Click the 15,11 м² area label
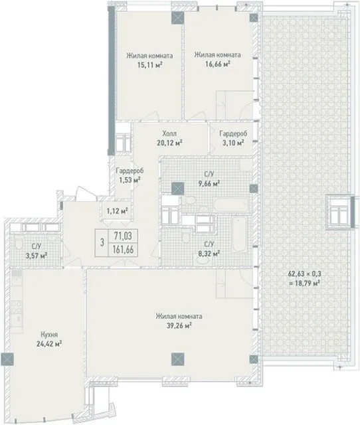pos(149,65)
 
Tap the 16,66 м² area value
pos(218,64)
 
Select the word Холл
pos(169,133)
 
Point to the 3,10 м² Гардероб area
pos(233,143)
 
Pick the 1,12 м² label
pos(117,211)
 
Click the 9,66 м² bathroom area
pos(209,183)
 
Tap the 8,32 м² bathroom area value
pos(209,253)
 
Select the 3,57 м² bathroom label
pos(37,255)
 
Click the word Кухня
pos(49,335)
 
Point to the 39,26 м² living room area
pos(179,325)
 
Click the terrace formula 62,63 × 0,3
pos(304,274)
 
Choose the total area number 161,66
pos(123,250)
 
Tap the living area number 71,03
pos(123,236)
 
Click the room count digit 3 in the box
pos(102,242)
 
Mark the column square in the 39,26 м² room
pos(178,359)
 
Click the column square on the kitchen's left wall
pos(7,359)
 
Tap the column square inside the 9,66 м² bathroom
pos(178,189)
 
